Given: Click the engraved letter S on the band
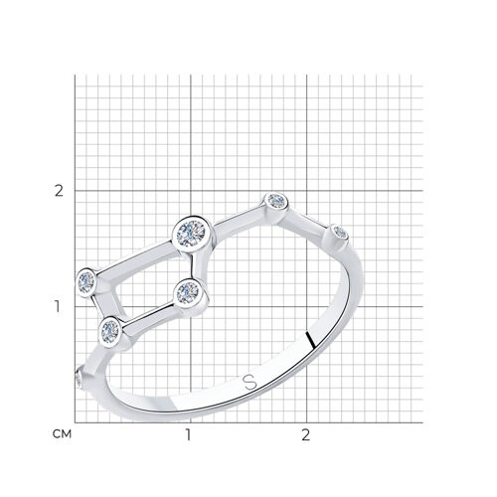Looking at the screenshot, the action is tap(250, 382).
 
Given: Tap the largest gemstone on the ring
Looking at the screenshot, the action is tap(191, 235).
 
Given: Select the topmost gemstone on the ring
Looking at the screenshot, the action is tap(276, 201).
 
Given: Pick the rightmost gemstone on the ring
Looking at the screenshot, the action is tap(340, 233).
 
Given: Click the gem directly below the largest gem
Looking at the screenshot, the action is tap(188, 292).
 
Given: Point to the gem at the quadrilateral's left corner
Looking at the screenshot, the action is tap(86, 282).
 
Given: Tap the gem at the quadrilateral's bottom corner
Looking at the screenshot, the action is tap(110, 330).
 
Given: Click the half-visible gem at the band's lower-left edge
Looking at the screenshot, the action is tap(79, 378).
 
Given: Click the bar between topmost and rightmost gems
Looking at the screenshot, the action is tap(308, 219).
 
